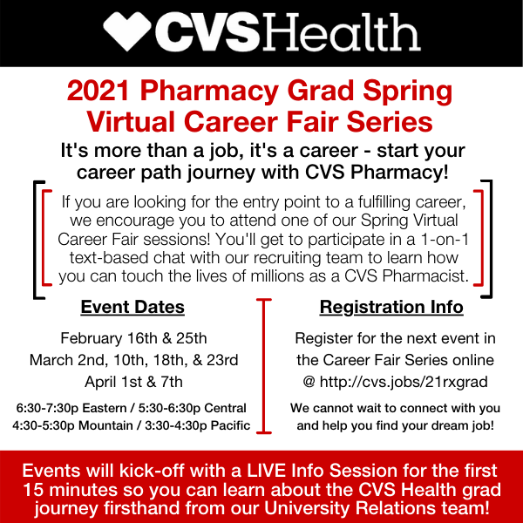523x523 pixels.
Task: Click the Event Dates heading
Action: tap(132, 307)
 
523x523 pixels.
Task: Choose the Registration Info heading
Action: tap(391, 307)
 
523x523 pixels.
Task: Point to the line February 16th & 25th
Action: tap(133, 338)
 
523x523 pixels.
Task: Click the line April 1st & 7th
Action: tap(133, 381)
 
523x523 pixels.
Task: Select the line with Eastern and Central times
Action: tap(133, 408)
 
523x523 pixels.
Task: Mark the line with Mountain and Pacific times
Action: tap(133, 425)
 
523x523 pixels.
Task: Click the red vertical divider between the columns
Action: tap(261, 366)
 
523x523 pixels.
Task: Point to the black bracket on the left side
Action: tap(37, 240)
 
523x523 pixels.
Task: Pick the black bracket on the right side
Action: tap(486, 240)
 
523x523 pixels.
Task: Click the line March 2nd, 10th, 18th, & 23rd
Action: tap(133, 359)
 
